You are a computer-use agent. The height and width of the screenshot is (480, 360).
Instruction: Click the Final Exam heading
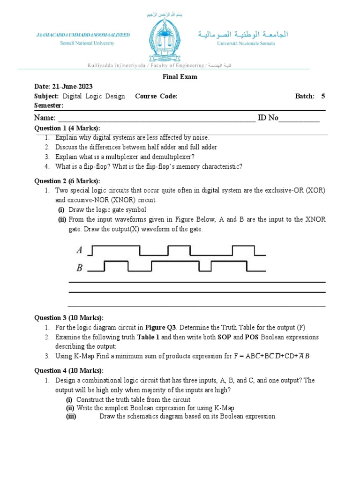pos(180,77)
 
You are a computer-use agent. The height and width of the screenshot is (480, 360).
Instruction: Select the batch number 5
pos(323,96)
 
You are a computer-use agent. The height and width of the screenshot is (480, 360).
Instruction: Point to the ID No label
pos(268,118)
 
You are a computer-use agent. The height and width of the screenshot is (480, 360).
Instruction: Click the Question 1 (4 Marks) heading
pos(67,128)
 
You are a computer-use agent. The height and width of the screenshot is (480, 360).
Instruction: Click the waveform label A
pos(79,250)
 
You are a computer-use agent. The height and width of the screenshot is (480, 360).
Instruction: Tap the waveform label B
pos(79,268)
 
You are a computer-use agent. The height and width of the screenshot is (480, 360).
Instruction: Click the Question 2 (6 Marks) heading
pos(67,181)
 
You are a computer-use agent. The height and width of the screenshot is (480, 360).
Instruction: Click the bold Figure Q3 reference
pos(162,327)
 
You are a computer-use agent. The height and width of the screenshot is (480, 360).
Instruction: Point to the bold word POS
pos(253,337)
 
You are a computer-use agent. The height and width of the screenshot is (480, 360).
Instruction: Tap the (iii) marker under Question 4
pos(71,416)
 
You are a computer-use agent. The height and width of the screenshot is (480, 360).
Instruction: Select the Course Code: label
pos(156,96)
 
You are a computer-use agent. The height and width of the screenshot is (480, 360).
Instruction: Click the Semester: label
pos(49,105)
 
